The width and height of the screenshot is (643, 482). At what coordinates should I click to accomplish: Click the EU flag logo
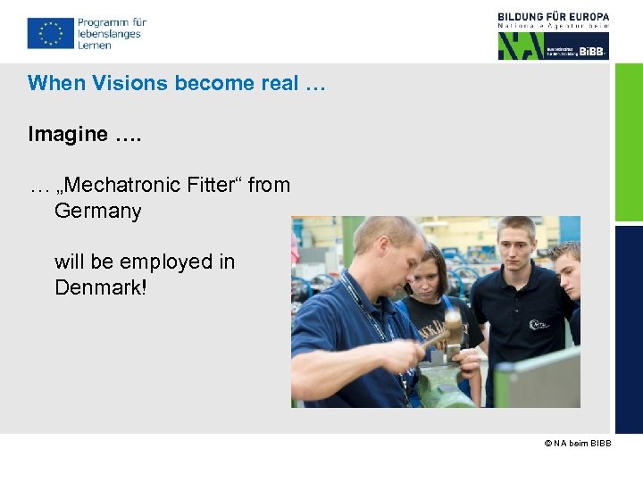(x=50, y=34)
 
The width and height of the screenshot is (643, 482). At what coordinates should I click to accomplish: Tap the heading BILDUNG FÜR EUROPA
(x=554, y=17)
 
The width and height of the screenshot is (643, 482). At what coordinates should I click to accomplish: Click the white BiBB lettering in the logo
(x=591, y=52)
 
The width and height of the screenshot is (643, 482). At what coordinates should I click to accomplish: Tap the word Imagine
(x=68, y=134)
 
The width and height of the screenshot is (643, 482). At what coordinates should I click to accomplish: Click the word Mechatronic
(x=123, y=185)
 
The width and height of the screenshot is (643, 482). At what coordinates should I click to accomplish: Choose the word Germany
(x=97, y=212)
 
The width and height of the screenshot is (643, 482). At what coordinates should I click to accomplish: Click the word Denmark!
(x=99, y=287)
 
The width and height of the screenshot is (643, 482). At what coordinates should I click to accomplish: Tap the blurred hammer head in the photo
(x=452, y=327)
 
